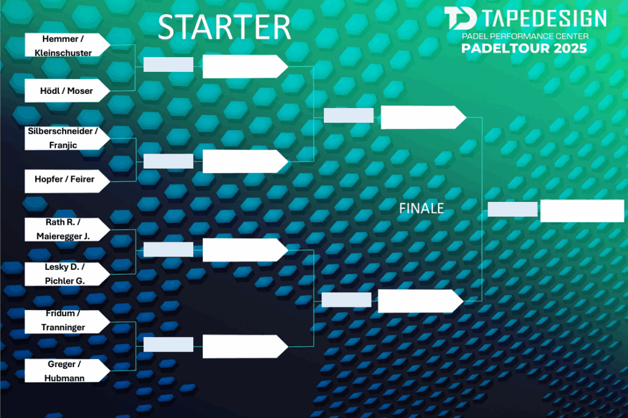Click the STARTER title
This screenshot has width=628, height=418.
pyautogui.click(x=224, y=27)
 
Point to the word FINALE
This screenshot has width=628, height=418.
pyautogui.click(x=422, y=209)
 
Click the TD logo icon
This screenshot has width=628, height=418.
pyautogui.click(x=461, y=18)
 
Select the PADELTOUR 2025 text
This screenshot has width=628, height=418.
pyautogui.click(x=524, y=48)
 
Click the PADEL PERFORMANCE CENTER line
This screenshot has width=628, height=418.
pyautogui.click(x=525, y=36)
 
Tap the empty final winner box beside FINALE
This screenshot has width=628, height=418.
pyautogui.click(x=582, y=211)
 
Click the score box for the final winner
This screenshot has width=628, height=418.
pyautogui.click(x=512, y=209)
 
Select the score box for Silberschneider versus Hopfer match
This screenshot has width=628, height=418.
pyautogui.click(x=168, y=161)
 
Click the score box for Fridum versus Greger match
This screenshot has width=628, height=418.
pyautogui.click(x=168, y=345)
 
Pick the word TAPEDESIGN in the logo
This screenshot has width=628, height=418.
pyautogui.click(x=545, y=18)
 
